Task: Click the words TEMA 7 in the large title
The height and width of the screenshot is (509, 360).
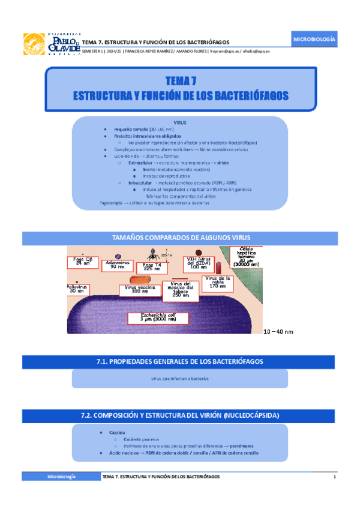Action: [x=181, y=81]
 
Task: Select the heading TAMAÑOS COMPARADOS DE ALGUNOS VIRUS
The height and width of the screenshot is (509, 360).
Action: [x=180, y=238]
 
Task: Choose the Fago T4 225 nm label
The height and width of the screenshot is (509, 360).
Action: [x=152, y=268]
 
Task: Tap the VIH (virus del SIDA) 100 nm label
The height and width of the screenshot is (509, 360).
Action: [x=198, y=263]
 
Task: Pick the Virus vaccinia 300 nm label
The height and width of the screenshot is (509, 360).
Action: [x=140, y=289]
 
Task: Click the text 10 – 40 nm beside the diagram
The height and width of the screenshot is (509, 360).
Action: [x=280, y=331]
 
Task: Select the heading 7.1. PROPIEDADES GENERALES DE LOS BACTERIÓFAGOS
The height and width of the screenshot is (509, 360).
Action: [x=180, y=361]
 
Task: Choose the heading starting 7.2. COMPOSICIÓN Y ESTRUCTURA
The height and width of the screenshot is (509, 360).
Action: [x=180, y=415]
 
